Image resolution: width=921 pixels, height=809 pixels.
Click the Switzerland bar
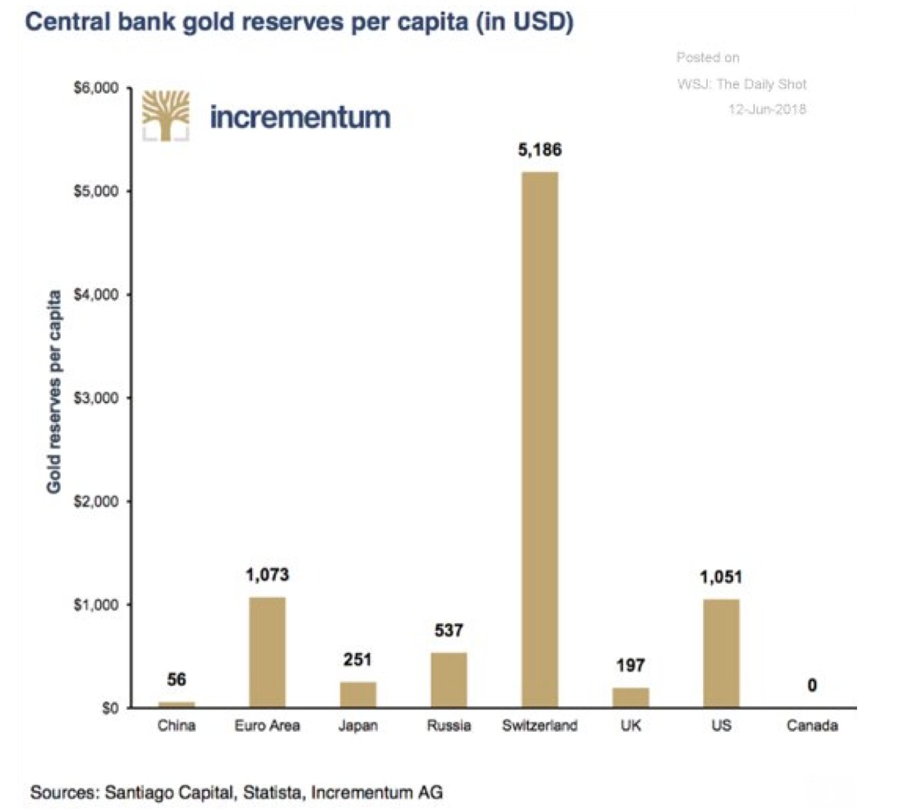click(540, 440)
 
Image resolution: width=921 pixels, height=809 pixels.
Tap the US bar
click(721, 653)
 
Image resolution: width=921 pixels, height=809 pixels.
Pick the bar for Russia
click(449, 680)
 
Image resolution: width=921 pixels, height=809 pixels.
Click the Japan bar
click(358, 694)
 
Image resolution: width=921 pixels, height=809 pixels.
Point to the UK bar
click(630, 697)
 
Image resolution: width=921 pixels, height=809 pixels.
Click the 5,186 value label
click(540, 150)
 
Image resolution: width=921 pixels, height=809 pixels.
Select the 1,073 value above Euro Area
click(267, 574)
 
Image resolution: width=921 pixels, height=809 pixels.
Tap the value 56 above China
click(177, 680)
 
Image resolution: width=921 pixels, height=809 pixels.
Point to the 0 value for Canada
click(812, 685)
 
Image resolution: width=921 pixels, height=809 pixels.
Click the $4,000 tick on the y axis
click(97, 295)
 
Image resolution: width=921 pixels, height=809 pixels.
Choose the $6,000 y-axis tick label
click(97, 88)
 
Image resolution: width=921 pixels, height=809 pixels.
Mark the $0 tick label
click(110, 708)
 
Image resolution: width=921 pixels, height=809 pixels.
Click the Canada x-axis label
click(812, 726)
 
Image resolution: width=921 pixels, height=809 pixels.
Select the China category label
click(177, 726)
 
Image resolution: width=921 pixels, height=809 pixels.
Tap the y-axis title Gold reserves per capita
click(54, 392)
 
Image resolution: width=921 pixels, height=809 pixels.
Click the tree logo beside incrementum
click(166, 116)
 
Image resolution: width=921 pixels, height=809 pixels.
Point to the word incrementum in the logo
click(300, 117)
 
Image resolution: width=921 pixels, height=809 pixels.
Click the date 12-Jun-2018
click(767, 109)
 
